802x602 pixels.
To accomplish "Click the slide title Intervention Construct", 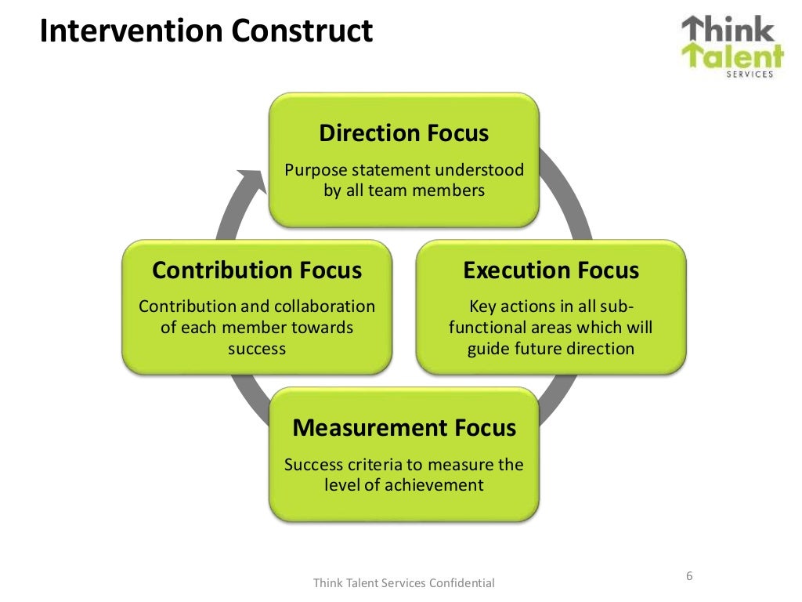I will [x=207, y=31].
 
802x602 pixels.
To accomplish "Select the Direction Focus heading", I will [x=403, y=132].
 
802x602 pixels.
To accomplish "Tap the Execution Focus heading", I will [x=551, y=270].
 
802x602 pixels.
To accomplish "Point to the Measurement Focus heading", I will [x=403, y=428].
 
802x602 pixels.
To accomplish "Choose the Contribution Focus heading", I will [x=257, y=270].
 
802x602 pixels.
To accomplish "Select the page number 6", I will [x=689, y=576].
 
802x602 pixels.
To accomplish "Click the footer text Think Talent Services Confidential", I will [x=403, y=582].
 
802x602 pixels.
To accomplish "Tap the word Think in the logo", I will [x=728, y=31].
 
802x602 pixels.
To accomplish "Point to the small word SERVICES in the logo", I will [x=750, y=74].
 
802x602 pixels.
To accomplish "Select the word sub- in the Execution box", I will [x=617, y=306].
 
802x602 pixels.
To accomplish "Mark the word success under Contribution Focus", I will [x=257, y=348].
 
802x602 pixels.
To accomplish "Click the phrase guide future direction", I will [x=551, y=348].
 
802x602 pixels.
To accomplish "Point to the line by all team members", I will [x=403, y=190].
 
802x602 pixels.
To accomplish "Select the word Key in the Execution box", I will [x=482, y=306].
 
